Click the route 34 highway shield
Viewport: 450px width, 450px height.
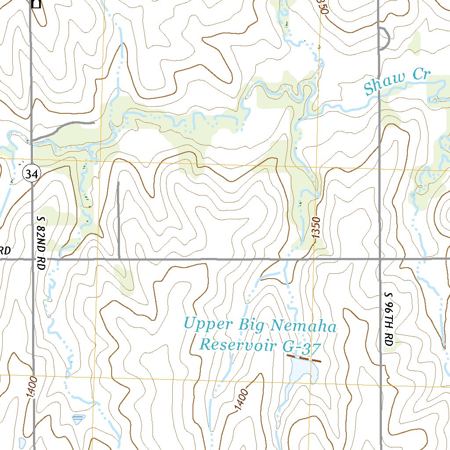31,174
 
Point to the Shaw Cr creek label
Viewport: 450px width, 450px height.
397,81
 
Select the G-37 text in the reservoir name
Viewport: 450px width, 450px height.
302,347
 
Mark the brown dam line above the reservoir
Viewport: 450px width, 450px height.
303,359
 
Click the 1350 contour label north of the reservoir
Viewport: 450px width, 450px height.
318,228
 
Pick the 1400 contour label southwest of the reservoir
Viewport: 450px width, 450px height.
241,400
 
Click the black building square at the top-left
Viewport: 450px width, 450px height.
36,4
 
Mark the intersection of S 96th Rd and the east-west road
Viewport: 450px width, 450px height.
380,259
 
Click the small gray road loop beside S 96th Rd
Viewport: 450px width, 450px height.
385,39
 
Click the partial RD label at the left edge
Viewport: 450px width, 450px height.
5,251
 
